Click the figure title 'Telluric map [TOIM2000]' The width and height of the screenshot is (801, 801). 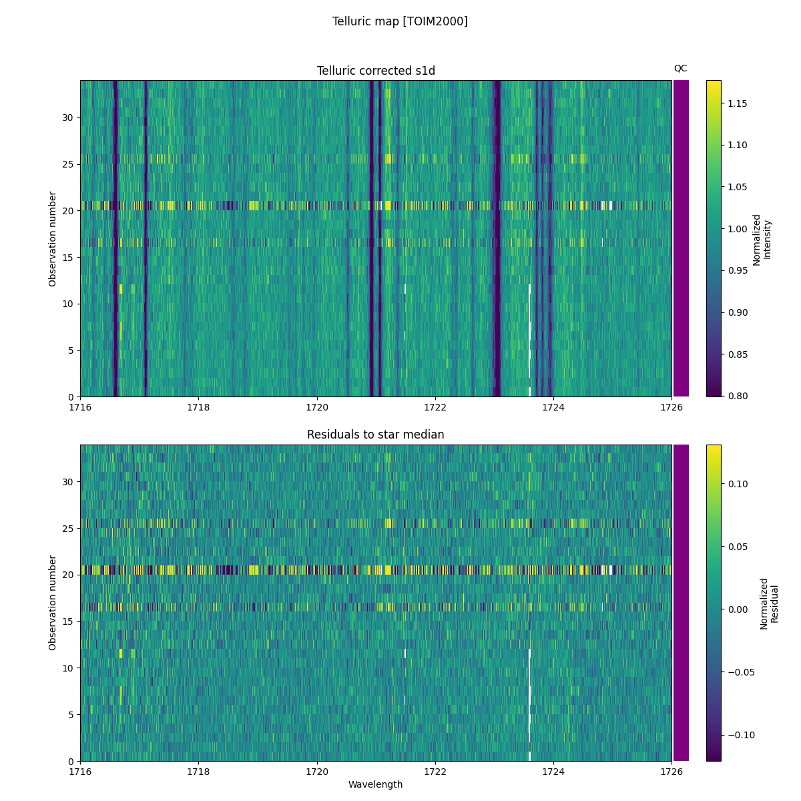click(400, 21)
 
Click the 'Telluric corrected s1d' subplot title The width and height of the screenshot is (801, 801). click(376, 71)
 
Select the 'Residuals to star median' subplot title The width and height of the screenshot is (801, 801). click(376, 435)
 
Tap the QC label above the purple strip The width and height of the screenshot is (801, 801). click(680, 68)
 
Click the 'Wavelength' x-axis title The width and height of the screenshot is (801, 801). click(376, 785)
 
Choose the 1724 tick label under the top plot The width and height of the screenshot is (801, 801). click(553, 407)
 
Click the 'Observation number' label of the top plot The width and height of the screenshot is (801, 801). click(53, 239)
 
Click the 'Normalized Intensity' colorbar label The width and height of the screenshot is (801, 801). click(761, 240)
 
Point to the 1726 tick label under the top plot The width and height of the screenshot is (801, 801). click(672, 407)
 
